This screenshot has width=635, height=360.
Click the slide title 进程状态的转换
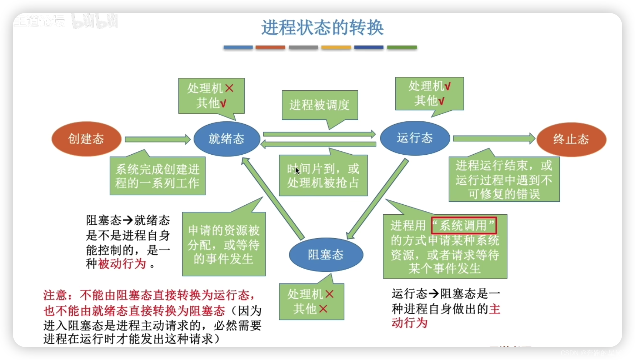pos(322,27)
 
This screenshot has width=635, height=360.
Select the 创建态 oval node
pos(86,139)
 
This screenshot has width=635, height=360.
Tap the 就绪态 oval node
pos(226,139)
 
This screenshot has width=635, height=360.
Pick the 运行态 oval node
pos(415,138)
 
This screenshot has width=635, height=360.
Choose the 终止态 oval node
pos(571,139)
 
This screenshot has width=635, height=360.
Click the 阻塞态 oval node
pos(326,255)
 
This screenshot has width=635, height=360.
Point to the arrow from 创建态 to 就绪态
pos(157,139)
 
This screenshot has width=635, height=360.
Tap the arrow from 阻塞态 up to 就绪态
pos(273,199)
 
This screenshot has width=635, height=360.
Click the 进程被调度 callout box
pos(320,105)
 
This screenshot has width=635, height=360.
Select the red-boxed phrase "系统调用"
pos(464,226)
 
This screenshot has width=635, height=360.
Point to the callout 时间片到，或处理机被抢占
pos(323,176)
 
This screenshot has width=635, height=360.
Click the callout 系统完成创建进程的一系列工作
pos(157,176)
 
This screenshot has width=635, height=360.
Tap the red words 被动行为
pos(122,264)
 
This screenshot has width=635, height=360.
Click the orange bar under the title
pos(270,47)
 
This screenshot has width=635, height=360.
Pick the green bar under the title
pos(402,47)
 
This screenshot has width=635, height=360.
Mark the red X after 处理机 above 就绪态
pos(229,88)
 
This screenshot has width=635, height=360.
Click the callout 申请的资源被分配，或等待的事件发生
pos(224,244)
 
